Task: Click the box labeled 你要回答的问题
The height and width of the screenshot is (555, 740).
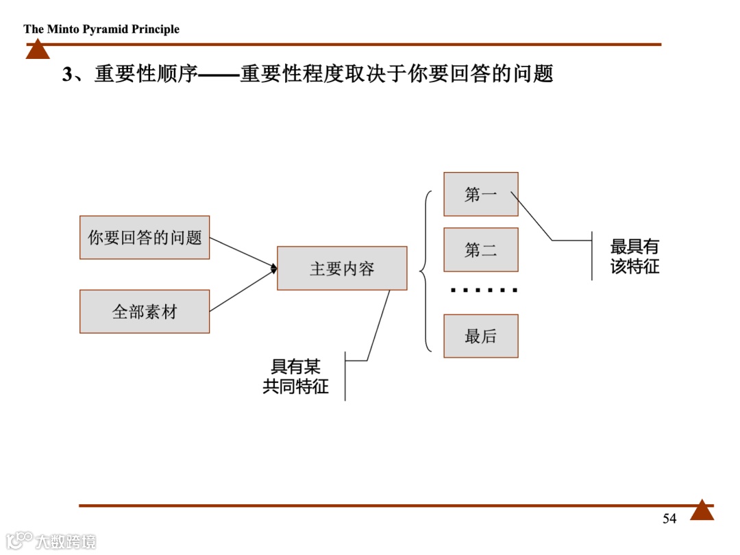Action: click(145, 238)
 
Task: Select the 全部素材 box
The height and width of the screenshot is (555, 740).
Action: click(145, 312)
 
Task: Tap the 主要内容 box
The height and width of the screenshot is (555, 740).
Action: click(342, 269)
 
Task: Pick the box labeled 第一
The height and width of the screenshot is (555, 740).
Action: click(480, 195)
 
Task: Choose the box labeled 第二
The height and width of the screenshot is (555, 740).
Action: click(480, 250)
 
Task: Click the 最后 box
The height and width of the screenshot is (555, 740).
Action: click(480, 336)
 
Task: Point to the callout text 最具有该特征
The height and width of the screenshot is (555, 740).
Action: click(634, 257)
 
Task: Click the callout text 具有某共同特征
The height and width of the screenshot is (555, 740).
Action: click(296, 377)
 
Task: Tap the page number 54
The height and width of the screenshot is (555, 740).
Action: click(669, 519)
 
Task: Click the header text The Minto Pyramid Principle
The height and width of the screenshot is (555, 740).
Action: click(101, 29)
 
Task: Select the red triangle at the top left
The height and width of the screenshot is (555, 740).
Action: click(38, 49)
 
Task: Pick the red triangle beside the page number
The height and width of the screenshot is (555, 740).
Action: click(702, 510)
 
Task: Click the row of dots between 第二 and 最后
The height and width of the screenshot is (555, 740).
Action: click(484, 291)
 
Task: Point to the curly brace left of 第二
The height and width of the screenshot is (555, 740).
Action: click(425, 271)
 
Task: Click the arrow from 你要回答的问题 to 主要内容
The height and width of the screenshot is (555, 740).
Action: click(243, 254)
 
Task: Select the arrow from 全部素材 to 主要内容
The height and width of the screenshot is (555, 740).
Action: click(243, 291)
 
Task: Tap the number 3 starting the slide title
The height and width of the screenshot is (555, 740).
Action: click(67, 75)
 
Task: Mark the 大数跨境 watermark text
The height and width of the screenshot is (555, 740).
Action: click(66, 541)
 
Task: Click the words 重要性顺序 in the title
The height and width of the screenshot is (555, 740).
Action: click(146, 74)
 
